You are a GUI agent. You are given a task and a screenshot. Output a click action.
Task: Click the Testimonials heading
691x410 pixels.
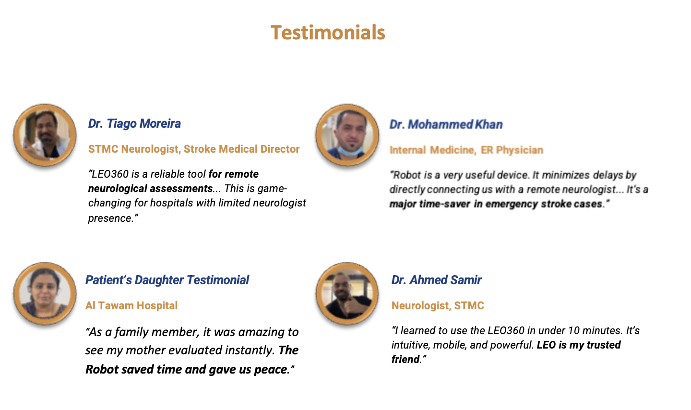(328, 33)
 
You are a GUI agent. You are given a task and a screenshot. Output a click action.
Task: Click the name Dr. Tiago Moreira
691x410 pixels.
(134, 123)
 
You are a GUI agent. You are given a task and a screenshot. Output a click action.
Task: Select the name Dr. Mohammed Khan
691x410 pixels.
(446, 124)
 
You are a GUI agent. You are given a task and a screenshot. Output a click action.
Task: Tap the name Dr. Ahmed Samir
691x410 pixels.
(437, 280)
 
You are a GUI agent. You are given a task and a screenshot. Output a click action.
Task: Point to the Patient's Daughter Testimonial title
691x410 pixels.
(167, 280)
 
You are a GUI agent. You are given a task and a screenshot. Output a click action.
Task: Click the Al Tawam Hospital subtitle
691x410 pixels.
(131, 305)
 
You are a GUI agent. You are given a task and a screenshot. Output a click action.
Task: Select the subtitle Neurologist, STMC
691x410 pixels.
(438, 305)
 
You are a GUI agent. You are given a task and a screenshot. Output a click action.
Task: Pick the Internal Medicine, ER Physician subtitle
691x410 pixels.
(466, 150)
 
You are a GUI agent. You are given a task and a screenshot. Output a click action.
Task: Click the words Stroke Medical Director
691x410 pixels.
(241, 149)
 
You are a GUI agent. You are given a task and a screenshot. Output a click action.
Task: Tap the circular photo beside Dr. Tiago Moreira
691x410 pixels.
(45, 135)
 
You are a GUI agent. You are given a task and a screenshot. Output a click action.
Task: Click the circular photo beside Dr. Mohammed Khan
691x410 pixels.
(347, 135)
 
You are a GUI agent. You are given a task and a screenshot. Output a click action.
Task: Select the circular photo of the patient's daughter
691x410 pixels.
(45, 293)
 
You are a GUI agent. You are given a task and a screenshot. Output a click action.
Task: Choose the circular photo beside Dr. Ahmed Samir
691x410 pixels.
(347, 293)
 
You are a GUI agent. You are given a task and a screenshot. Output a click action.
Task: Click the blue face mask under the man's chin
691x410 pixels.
(350, 150)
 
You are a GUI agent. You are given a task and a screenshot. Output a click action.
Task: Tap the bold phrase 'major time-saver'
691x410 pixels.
(430, 204)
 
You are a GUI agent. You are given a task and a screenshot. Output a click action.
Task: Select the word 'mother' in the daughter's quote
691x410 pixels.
(145, 350)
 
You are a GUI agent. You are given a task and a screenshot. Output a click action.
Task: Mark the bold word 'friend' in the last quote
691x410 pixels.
(405, 360)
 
